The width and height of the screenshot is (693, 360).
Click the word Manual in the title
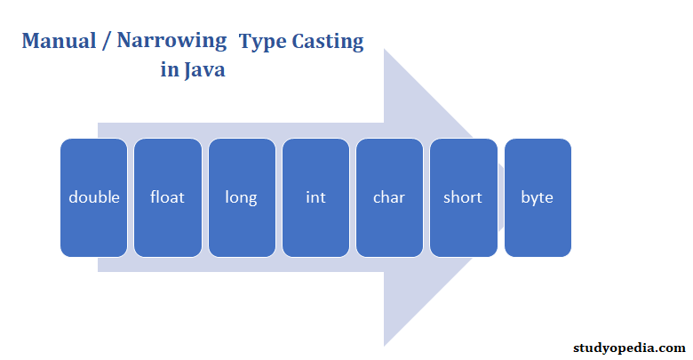tap(60, 42)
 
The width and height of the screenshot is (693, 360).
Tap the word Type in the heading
tap(262, 42)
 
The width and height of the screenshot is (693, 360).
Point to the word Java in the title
tap(204, 71)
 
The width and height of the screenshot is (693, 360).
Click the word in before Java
tap(169, 71)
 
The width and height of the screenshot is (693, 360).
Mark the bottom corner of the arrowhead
tap(385, 345)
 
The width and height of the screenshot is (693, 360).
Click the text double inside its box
tap(93, 197)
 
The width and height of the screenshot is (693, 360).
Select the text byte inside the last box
tap(538, 197)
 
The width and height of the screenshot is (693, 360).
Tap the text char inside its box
tap(389, 197)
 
